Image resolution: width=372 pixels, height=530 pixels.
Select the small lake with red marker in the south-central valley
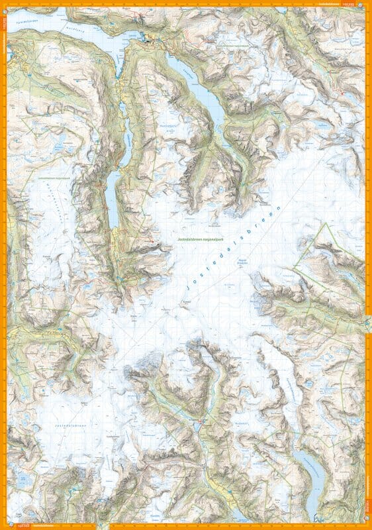199,421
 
